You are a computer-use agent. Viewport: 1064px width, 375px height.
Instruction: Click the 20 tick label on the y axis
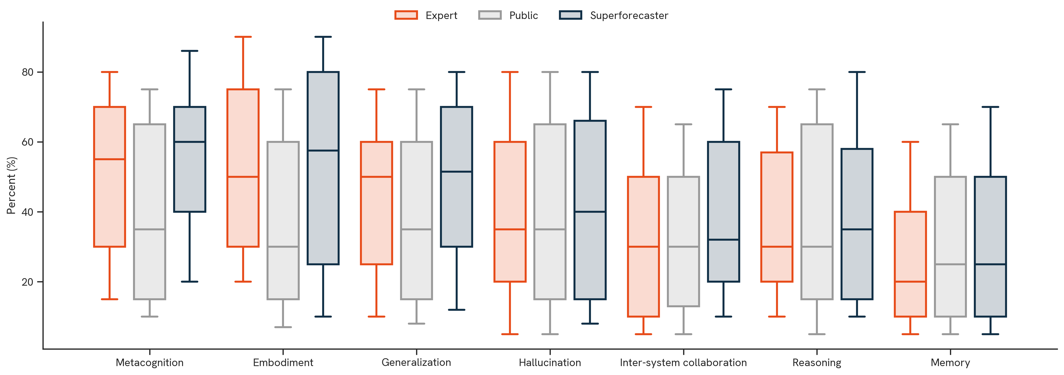[27, 282]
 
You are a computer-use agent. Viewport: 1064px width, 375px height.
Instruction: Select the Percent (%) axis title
[11, 186]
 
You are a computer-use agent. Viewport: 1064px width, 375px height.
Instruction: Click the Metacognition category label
[149, 363]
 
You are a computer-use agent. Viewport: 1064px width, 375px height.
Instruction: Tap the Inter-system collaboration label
[683, 363]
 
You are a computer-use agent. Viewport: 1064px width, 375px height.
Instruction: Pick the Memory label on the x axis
[950, 363]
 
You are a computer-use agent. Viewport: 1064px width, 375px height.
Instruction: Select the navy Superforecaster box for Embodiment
[323, 168]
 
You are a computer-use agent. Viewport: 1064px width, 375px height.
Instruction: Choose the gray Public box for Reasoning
[817, 212]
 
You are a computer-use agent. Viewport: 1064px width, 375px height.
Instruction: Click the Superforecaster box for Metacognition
[190, 159]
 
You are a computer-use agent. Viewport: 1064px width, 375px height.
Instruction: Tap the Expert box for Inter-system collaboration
[643, 246]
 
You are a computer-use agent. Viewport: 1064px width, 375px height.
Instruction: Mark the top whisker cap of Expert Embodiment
[243, 37]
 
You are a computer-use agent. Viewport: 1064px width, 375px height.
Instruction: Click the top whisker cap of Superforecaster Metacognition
[190, 51]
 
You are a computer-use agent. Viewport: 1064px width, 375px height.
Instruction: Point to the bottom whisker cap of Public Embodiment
[283, 327]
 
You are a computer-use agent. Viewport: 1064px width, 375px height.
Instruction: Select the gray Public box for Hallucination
[550, 212]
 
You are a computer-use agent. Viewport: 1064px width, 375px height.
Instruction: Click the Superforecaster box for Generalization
[456, 177]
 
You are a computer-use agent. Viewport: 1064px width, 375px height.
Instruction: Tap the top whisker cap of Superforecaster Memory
[990, 107]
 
